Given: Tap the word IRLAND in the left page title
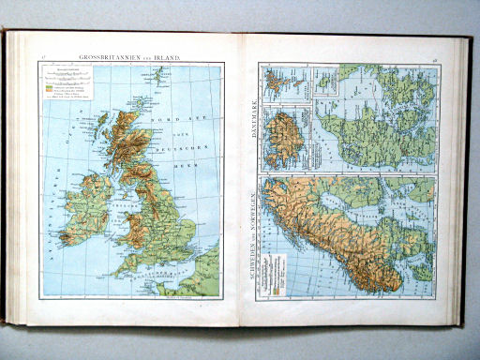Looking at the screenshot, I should tap(168, 58).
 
